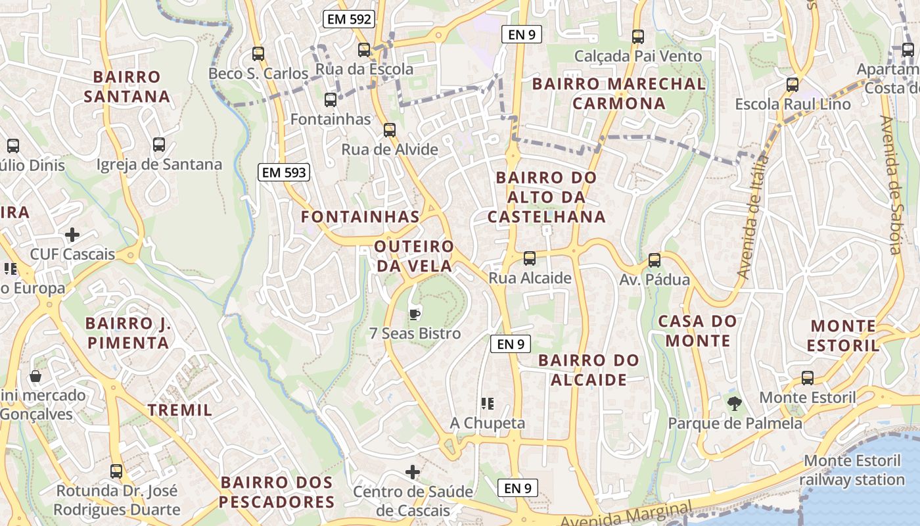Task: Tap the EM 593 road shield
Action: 284,173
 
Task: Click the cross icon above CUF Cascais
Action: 72,234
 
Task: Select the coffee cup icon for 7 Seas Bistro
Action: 414,314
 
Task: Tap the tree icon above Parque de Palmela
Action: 734,403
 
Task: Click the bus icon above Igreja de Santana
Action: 158,144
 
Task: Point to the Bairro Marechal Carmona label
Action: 618,93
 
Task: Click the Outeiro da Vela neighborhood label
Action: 413,256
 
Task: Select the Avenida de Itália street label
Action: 753,217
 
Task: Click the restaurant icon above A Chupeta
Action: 487,403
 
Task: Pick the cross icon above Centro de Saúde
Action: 413,471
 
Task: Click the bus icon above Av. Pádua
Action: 654,260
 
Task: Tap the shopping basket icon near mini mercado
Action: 35,376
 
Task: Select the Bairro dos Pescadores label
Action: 277,492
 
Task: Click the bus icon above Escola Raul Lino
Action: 793,84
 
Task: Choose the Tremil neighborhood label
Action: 179,410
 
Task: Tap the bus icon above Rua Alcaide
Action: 530,258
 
